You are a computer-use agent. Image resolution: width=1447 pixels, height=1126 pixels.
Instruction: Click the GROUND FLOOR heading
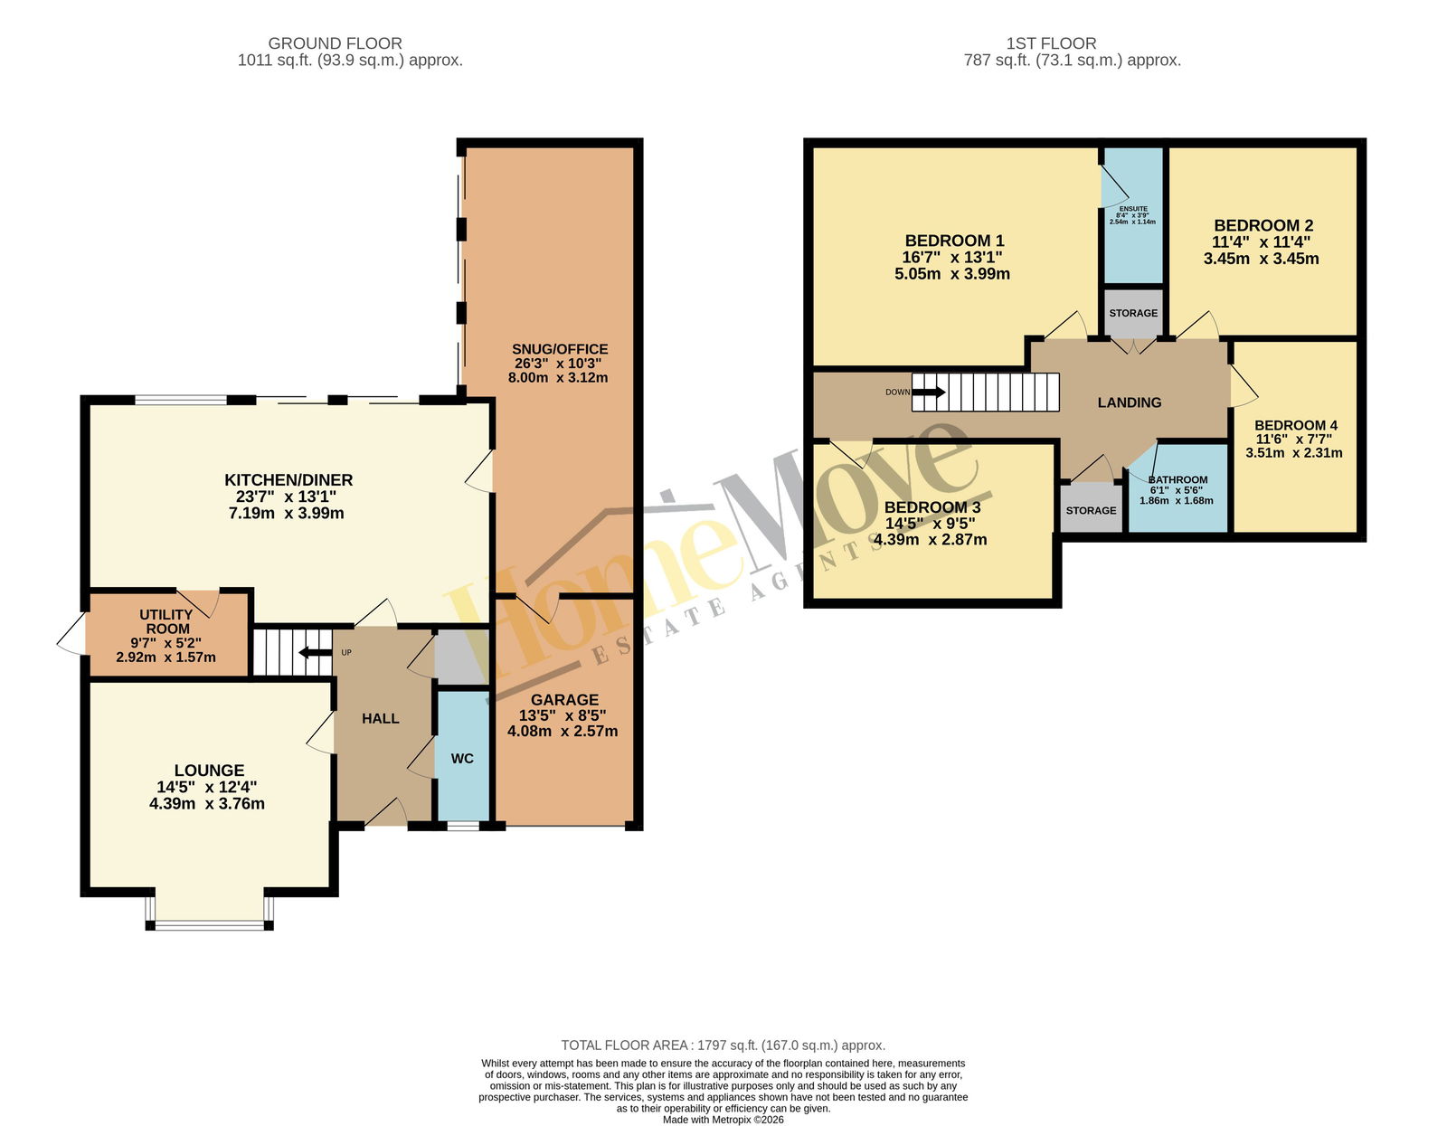click(335, 43)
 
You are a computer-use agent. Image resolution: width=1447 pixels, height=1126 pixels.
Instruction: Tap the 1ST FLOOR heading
click(1051, 43)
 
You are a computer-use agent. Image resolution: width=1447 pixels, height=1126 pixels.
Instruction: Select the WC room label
click(462, 759)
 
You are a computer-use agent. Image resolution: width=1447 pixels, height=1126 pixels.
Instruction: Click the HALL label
click(380, 718)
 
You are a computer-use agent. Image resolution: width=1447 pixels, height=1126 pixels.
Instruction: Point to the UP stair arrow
click(315, 653)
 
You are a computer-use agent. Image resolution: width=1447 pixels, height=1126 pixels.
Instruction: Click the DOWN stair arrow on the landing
click(928, 393)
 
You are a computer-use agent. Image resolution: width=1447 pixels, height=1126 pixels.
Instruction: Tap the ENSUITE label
click(1133, 209)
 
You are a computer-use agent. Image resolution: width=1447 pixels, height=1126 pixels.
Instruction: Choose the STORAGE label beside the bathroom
click(1091, 511)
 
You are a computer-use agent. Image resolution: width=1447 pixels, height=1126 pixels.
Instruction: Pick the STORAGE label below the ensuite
click(1133, 313)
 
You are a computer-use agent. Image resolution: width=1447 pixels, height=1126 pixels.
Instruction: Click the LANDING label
click(1130, 402)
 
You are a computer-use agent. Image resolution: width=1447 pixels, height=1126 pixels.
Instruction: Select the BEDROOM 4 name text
click(1296, 425)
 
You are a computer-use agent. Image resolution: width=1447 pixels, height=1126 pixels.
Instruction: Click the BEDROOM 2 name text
click(1263, 226)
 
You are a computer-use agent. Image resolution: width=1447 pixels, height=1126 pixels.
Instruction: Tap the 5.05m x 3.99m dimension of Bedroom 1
click(952, 274)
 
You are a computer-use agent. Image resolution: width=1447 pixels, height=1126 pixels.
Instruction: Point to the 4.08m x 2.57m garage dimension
click(563, 731)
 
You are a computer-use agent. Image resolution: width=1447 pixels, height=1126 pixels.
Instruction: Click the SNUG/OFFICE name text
click(560, 349)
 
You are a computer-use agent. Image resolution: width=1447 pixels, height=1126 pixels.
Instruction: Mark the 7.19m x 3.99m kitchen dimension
click(287, 513)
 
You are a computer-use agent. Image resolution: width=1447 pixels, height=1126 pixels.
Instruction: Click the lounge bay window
click(210, 924)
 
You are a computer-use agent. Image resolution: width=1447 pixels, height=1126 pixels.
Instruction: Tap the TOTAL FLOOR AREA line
click(723, 1046)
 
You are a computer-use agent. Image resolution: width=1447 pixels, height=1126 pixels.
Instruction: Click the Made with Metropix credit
click(723, 1120)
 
